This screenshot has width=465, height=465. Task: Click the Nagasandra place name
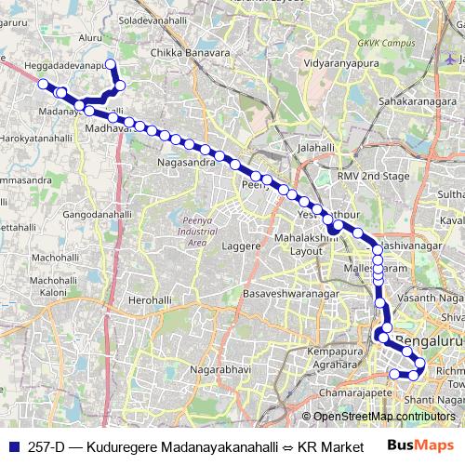[x=188, y=161]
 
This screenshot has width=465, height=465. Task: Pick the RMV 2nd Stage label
[x=374, y=176]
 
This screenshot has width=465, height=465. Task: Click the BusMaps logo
[x=421, y=445]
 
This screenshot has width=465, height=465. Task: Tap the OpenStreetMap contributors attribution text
[x=383, y=417]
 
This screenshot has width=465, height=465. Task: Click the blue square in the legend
[x=13, y=445]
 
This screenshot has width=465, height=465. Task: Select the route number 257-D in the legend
[x=46, y=445]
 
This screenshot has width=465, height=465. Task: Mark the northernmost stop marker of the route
[x=110, y=64]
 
